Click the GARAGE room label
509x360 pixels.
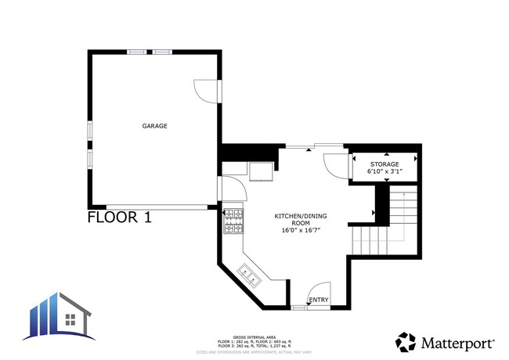[154, 125]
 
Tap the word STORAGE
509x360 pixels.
[384, 164]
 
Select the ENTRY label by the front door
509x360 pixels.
[319, 300]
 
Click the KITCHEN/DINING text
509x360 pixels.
[301, 215]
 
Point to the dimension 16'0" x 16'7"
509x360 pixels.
[301, 230]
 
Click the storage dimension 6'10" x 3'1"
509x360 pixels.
[384, 171]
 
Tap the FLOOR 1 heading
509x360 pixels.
[118, 218]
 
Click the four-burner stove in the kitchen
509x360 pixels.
[233, 221]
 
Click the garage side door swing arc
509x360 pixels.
[205, 91]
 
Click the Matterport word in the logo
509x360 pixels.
[459, 343]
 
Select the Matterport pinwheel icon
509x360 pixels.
[406, 343]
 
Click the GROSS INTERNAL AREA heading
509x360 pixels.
[254, 337]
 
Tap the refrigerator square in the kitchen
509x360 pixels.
[262, 171]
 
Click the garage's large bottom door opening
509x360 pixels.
[157, 207]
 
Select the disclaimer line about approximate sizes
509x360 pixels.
[254, 352]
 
